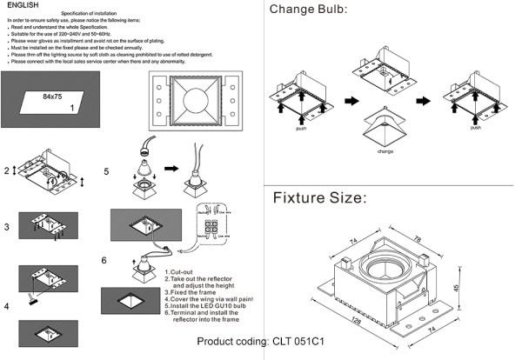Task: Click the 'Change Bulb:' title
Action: point(308,10)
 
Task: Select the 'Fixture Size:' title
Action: point(319,197)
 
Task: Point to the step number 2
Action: point(6,170)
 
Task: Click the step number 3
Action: point(6,227)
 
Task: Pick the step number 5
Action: point(106,171)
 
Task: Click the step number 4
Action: point(6,306)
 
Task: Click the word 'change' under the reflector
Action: point(385,150)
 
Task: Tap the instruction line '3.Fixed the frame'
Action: point(190,291)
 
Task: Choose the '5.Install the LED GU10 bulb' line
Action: point(206,306)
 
